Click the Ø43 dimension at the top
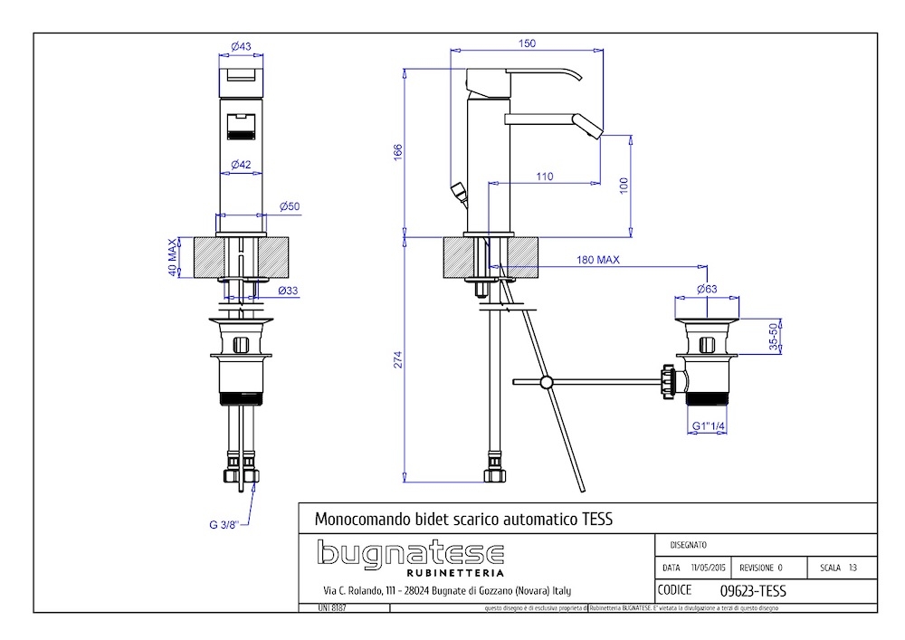tap(241, 46)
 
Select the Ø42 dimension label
tap(241, 164)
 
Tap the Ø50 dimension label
tap(290, 206)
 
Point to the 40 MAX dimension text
tap(172, 258)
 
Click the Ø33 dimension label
tap(289, 291)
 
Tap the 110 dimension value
tap(544, 177)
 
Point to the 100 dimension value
tap(623, 184)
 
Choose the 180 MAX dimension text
tap(598, 261)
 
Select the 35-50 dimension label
tap(773, 336)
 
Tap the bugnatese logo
tap(410, 554)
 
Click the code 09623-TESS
tap(752, 590)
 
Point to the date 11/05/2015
tap(709, 568)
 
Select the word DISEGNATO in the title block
tap(689, 545)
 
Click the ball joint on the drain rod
tap(545, 382)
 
